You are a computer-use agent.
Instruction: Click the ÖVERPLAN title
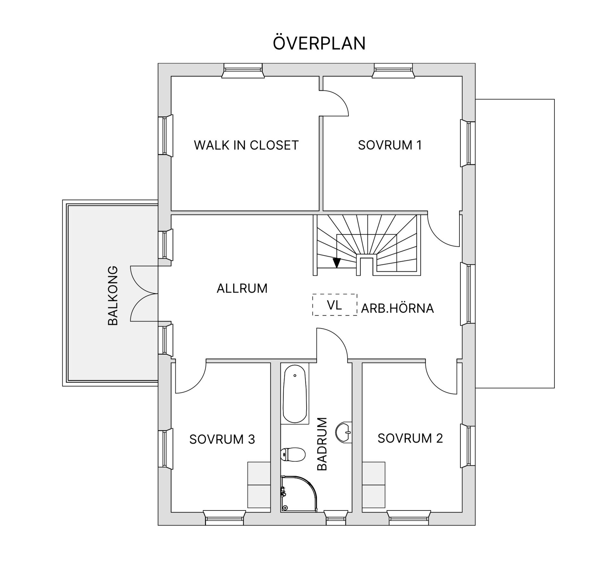319,43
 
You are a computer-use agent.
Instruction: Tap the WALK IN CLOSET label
246,145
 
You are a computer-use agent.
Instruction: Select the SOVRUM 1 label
390,145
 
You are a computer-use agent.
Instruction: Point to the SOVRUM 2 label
410,438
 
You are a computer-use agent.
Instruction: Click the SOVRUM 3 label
222,439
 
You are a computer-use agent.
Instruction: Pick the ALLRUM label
242,288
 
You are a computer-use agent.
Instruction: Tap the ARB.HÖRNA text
398,308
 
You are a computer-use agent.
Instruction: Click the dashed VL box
335,305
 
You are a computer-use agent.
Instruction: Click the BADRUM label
322,444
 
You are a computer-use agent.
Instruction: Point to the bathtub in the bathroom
295,394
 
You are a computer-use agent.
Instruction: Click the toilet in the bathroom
292,454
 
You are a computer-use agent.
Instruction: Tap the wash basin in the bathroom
344,432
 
